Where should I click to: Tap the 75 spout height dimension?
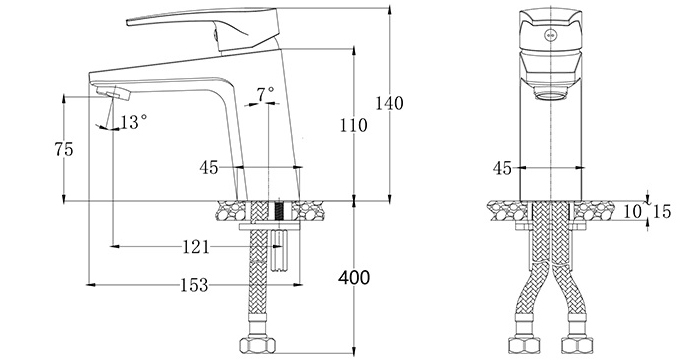(x=64, y=149)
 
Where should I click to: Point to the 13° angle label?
(x=133, y=121)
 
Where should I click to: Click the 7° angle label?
(x=265, y=94)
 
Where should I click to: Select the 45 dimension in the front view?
(x=502, y=167)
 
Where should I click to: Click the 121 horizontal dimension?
(x=196, y=247)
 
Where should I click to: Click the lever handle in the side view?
(x=190, y=22)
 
